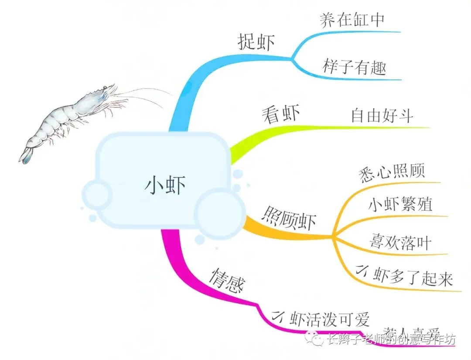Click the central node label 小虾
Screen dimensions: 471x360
165,185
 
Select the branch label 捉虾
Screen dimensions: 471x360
256,42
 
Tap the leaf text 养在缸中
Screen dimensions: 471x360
352,20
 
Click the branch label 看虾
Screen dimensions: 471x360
281,114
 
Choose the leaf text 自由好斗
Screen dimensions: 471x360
382,116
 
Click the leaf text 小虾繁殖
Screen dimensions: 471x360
400,204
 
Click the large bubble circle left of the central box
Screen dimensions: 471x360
97,195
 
